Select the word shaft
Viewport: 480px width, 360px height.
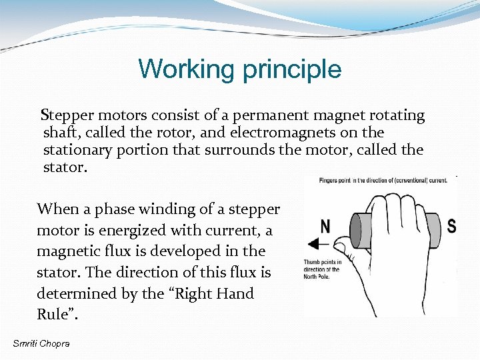pos(61,133)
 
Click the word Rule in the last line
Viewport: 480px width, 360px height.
pos(53,315)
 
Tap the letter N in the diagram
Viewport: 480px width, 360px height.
pos(325,226)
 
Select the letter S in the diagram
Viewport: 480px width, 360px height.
pos(451,225)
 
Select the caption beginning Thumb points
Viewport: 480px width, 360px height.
pos(323,269)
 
